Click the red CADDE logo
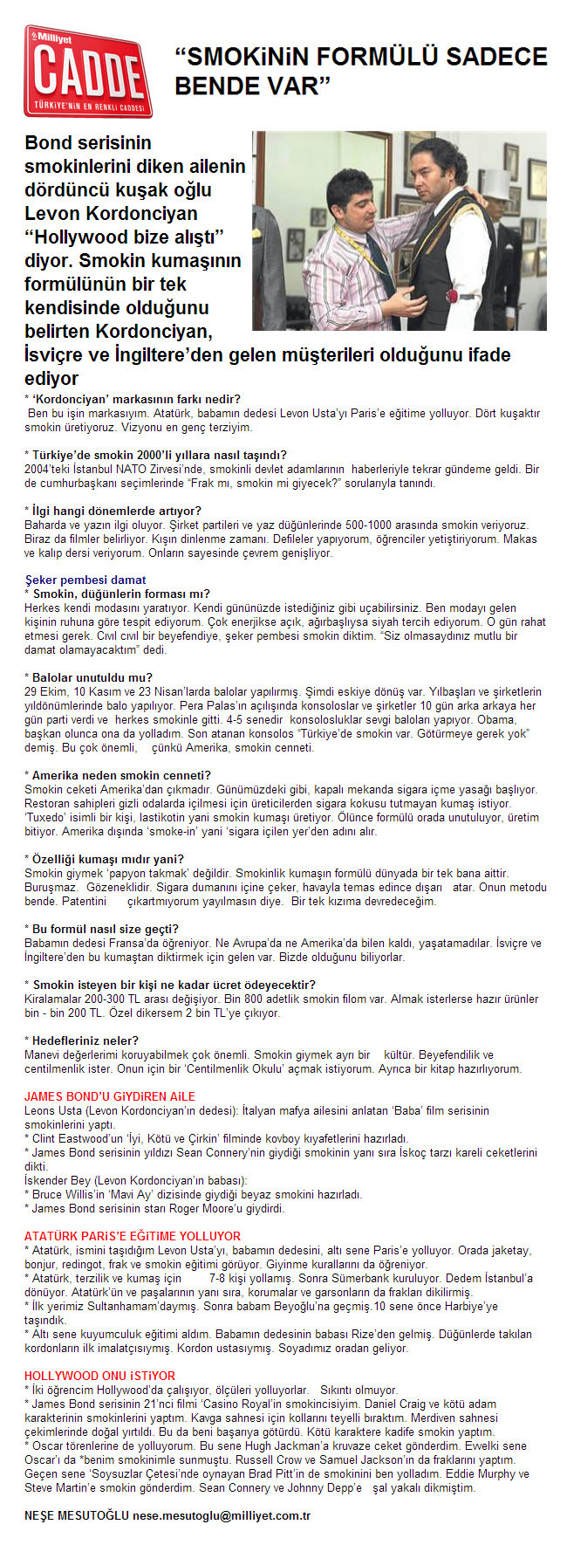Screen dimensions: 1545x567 pos(87,72)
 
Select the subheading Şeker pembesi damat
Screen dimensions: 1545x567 pos(85,580)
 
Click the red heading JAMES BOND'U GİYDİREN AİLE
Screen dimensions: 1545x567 pos(110,1096)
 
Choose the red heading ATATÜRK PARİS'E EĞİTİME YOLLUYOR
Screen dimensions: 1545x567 pos(133,1236)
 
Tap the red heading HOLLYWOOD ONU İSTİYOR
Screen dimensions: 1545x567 pos(99,1376)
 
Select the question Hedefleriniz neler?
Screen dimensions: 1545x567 pos(85,1040)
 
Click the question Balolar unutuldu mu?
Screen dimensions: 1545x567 pos(92,677)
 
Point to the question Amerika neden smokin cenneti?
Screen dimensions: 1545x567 pos(121,775)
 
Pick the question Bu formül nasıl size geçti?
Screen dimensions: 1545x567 pos(106,929)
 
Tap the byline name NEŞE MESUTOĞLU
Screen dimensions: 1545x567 pos(77,1515)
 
